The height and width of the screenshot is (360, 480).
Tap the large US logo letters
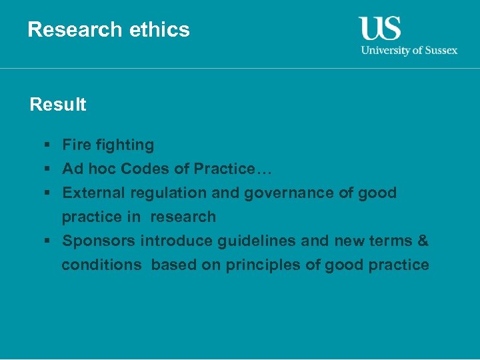tap(380, 29)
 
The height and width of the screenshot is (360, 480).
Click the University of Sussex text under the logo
tap(409, 50)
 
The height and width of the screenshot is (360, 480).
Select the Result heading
tap(58, 105)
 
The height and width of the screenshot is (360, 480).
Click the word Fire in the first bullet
tap(75, 145)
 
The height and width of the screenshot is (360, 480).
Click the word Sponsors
tap(99, 241)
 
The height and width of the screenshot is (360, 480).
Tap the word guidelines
tap(261, 241)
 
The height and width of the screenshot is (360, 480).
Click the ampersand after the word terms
tap(423, 241)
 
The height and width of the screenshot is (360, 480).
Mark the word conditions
tap(101, 265)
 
